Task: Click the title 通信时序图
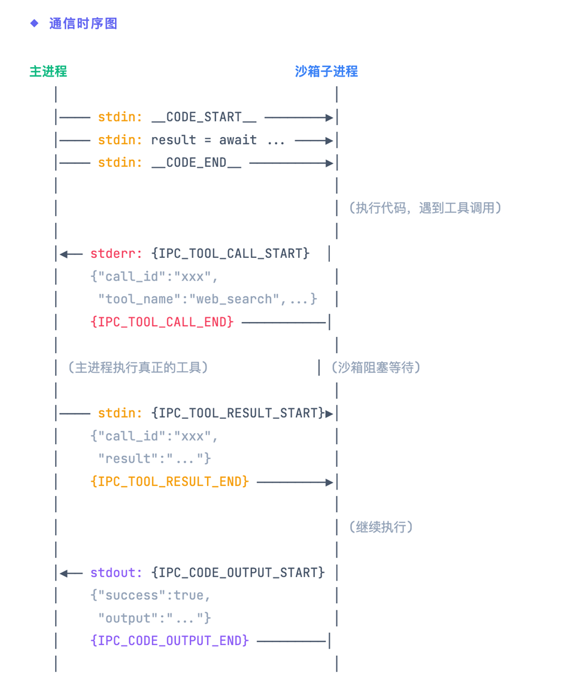(83, 24)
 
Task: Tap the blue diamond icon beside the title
(35, 23)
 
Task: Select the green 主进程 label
(48, 72)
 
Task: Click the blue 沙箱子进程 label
(326, 72)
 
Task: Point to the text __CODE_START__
(204, 117)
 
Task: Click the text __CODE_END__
(196, 163)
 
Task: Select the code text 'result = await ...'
(218, 140)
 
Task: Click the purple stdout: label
(117, 573)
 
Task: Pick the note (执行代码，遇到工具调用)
(424, 208)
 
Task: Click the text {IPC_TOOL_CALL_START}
(230, 254)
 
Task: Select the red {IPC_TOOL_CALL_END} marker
(162, 322)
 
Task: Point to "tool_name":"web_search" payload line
(207, 299)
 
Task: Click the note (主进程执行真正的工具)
(138, 367)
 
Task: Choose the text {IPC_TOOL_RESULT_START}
(238, 414)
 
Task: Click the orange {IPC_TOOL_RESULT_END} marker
(169, 482)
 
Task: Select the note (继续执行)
(381, 527)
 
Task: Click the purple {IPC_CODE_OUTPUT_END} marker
(169, 641)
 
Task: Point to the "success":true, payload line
(151, 595)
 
